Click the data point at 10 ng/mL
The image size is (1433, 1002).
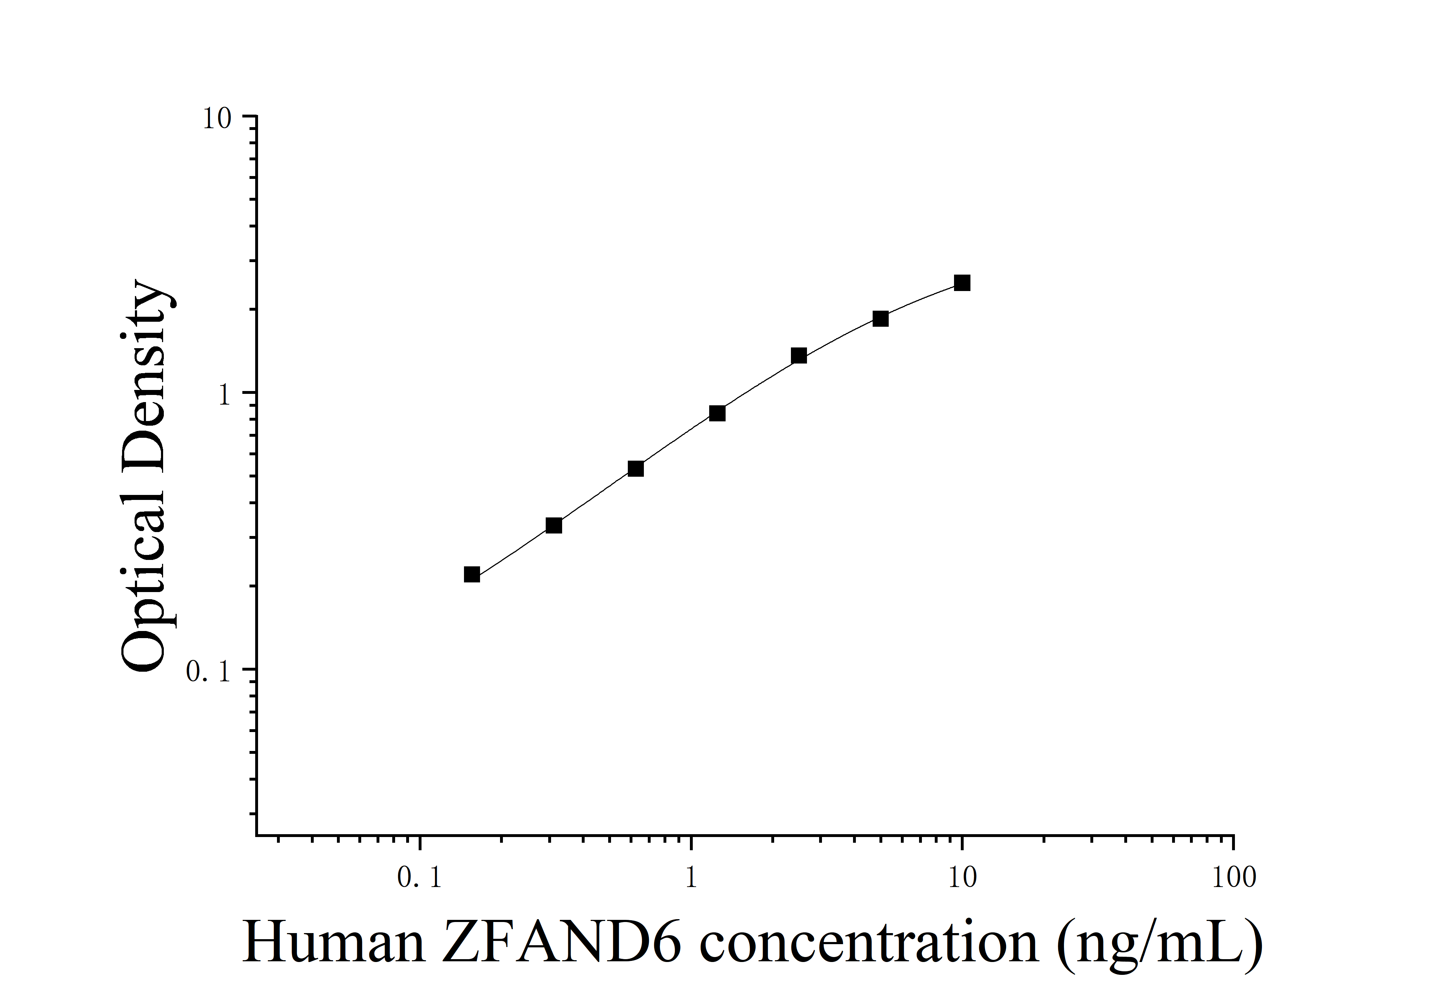coord(962,283)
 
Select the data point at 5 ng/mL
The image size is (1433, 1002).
coord(881,319)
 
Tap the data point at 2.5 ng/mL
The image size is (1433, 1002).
coord(799,356)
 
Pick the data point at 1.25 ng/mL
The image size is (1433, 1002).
coord(717,413)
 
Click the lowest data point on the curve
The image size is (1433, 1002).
coord(472,574)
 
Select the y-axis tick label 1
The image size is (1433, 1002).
coord(225,395)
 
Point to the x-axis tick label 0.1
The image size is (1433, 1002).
coord(419,878)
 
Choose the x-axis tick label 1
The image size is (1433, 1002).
coord(691,878)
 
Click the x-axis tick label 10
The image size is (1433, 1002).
coord(962,878)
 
